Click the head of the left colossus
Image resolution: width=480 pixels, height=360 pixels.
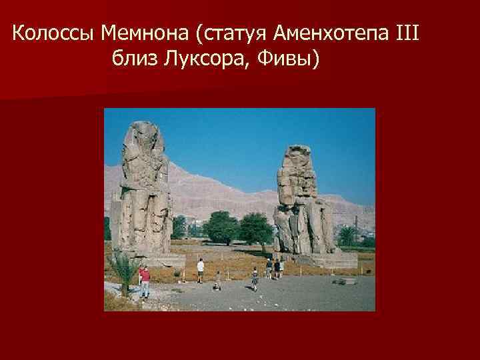point(141,136)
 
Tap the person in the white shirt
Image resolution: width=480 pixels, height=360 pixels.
point(201,270)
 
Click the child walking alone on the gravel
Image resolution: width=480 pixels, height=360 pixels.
point(254,279)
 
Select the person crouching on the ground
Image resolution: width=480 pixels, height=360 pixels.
point(217,281)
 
